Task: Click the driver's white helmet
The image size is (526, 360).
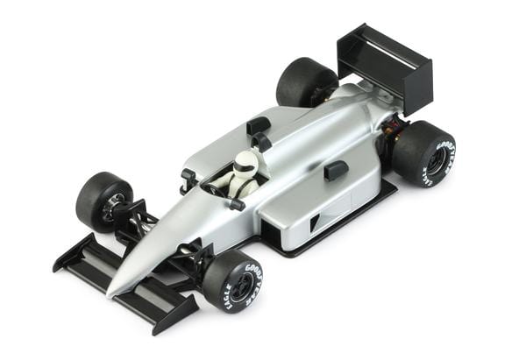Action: [x=245, y=164]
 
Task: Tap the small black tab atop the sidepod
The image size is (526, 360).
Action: [x=335, y=170]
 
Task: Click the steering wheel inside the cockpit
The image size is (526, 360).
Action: [x=215, y=188]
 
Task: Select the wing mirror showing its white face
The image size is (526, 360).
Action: [x=187, y=175]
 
